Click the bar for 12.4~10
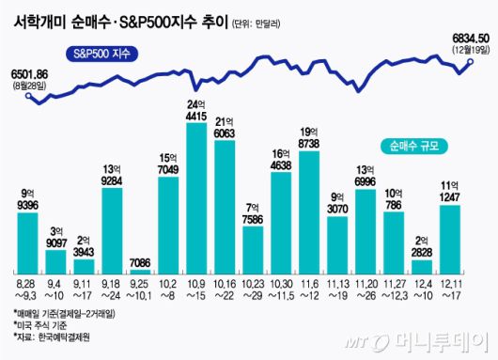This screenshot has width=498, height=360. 422,262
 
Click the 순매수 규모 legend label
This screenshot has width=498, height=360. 415,146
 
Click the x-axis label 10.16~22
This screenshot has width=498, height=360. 226,288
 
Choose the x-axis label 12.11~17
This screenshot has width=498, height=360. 450,288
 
